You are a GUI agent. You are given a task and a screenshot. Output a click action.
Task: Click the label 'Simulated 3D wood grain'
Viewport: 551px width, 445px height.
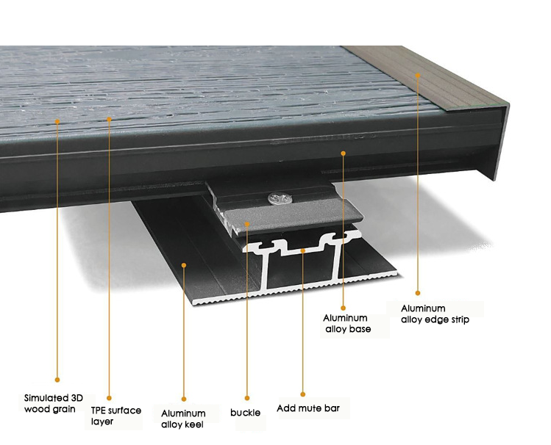(x=54, y=403)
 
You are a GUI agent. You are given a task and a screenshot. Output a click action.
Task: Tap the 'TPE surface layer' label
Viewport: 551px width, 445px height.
(x=116, y=416)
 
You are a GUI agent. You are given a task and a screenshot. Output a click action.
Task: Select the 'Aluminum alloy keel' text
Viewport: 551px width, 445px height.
(x=183, y=419)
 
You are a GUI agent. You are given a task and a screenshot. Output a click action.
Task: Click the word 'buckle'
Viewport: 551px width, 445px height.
(x=245, y=413)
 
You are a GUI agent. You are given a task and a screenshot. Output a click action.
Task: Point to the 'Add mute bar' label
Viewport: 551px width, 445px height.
(x=308, y=408)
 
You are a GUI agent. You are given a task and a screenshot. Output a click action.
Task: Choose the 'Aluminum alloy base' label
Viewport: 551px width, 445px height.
(x=347, y=323)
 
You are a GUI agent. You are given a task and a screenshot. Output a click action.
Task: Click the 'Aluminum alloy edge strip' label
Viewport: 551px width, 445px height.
(x=435, y=314)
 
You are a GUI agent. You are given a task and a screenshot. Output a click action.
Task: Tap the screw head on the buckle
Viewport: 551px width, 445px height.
(x=280, y=199)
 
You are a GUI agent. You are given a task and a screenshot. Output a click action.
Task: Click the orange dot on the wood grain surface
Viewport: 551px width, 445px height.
(x=57, y=121)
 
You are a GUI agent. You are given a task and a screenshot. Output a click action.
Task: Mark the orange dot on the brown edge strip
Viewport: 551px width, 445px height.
(x=417, y=75)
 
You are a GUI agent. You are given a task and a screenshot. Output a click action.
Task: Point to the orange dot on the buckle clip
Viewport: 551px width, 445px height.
(x=247, y=224)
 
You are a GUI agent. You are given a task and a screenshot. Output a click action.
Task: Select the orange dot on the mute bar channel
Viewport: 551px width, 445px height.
(x=303, y=250)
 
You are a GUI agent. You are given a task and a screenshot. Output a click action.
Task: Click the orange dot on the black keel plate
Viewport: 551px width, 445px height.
(x=183, y=265)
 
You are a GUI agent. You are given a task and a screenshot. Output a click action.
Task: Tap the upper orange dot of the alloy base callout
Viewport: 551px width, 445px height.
(x=344, y=153)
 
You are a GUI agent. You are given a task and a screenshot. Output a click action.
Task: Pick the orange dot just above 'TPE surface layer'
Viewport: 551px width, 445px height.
(x=109, y=398)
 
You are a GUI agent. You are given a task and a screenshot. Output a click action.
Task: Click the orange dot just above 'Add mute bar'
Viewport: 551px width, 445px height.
(x=303, y=394)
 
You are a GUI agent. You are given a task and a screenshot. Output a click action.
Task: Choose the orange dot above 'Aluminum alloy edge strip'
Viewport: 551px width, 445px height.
(x=417, y=293)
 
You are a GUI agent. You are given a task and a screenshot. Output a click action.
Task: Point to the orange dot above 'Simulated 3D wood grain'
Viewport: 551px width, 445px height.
(x=57, y=380)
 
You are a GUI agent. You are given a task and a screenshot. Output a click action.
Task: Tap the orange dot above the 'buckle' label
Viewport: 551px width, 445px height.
(x=247, y=398)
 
